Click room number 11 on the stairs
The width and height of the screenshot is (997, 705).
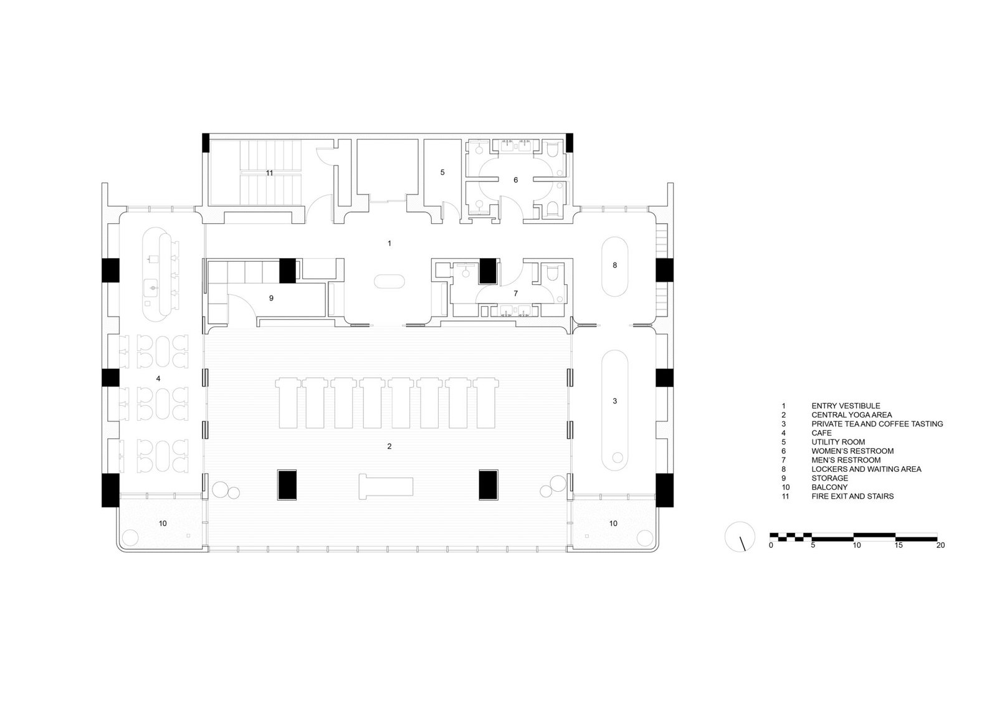(269, 173)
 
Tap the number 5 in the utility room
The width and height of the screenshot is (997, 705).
(442, 172)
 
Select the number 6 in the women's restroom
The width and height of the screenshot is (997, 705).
(516, 180)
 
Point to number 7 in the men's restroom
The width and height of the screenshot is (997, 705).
(516, 294)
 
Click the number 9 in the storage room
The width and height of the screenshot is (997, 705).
(271, 298)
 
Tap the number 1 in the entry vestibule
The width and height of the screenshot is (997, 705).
(389, 243)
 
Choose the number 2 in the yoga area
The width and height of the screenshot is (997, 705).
(389, 446)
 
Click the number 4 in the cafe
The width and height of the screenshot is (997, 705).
(158, 378)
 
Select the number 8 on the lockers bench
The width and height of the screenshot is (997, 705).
(614, 266)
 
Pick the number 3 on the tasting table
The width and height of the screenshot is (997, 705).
(614, 401)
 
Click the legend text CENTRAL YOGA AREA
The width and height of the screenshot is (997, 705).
(851, 415)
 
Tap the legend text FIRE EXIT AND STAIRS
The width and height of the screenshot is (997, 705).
(852, 496)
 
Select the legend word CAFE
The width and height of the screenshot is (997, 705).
(821, 433)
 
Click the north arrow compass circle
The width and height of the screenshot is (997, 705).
(740, 537)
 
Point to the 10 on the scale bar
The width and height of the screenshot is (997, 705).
(857, 545)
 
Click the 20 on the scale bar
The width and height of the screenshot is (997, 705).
(940, 545)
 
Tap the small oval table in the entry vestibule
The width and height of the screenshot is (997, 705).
(389, 282)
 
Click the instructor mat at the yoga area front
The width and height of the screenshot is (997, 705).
(386, 486)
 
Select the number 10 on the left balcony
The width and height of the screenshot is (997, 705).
(163, 523)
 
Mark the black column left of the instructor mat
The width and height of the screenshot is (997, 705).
(287, 484)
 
